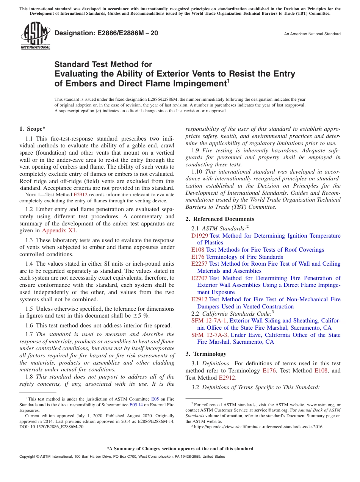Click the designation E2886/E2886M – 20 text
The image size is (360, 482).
point(106,33)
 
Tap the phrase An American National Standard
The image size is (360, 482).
point(312,34)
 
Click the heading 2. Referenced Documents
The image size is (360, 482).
point(220,219)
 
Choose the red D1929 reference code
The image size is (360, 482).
point(200,236)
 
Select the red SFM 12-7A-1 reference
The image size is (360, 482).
point(210,321)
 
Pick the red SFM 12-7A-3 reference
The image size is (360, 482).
point(210,335)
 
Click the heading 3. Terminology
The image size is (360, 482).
point(206,354)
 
